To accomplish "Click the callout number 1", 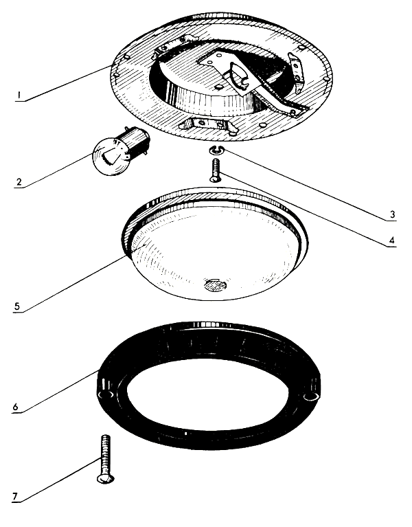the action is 19,96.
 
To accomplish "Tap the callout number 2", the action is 19,182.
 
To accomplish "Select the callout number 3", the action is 392,214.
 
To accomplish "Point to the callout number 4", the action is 391,240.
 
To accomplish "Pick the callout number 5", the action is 17,306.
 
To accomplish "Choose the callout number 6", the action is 16,407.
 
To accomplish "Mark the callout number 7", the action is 15,496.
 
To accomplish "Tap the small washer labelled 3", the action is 215,150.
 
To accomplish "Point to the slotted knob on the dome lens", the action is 214,285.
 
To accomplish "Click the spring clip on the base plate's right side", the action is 296,71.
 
